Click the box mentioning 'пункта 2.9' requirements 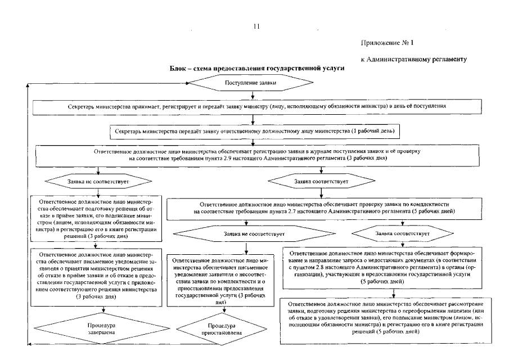pyautogui.click(x=254, y=155)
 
